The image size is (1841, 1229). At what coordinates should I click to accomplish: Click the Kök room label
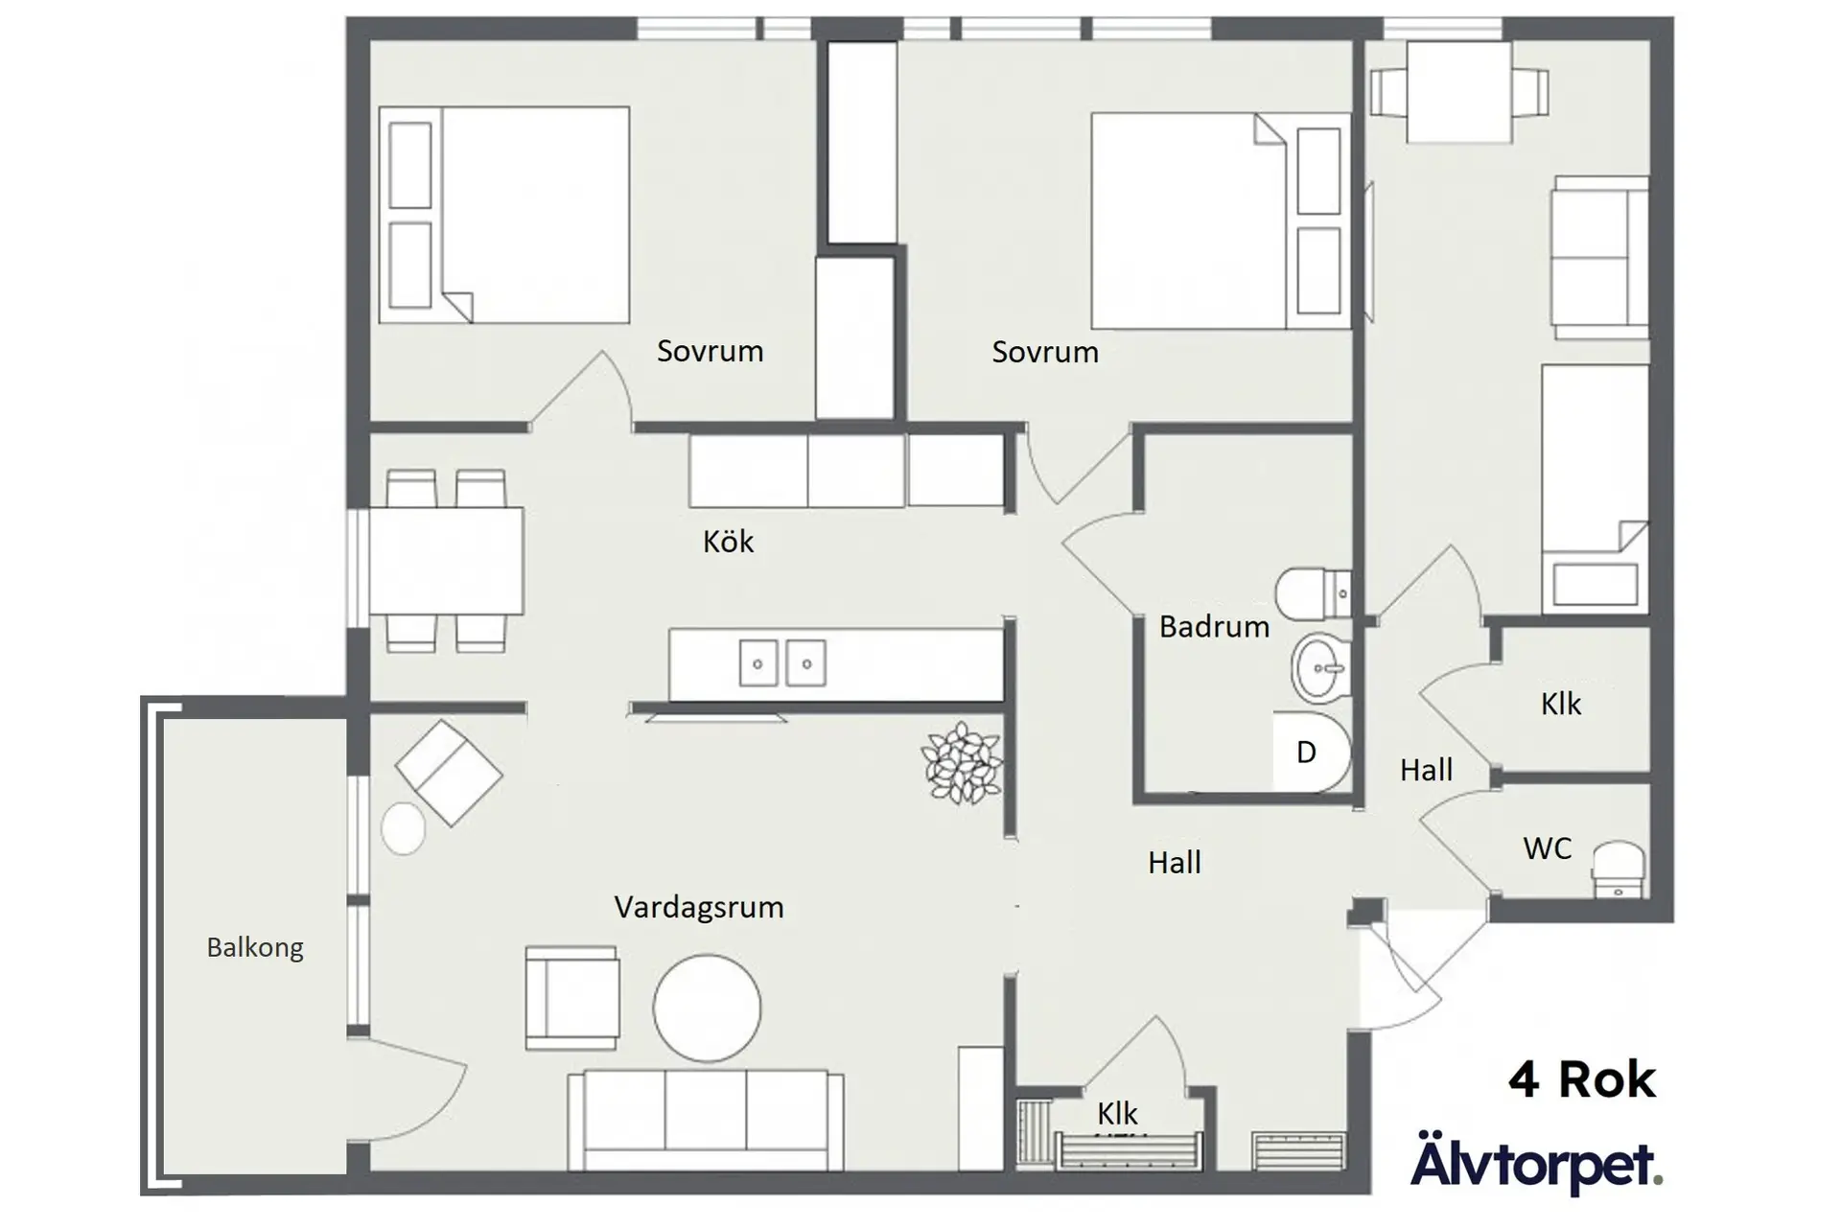click(x=728, y=542)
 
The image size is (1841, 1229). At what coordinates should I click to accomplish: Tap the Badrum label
click(x=1213, y=626)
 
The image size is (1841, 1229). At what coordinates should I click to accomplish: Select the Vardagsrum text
click(x=698, y=907)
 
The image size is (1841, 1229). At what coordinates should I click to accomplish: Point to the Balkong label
click(x=255, y=948)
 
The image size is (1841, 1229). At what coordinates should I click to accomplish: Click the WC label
click(x=1547, y=848)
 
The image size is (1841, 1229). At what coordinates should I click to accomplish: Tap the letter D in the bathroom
click(x=1306, y=753)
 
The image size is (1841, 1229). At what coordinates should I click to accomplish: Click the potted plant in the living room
click(x=962, y=762)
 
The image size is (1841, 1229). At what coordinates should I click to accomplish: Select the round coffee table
click(x=707, y=1009)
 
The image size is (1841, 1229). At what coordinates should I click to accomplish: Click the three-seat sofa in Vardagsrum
click(x=705, y=1120)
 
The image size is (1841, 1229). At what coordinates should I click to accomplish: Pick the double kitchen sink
click(x=782, y=663)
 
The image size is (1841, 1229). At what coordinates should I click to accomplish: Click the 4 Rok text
click(x=1581, y=1080)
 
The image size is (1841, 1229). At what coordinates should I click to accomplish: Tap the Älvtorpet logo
click(x=1535, y=1162)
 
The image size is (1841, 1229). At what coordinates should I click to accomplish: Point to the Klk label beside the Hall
click(x=1560, y=705)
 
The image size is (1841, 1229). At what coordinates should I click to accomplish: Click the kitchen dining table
click(x=446, y=561)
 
